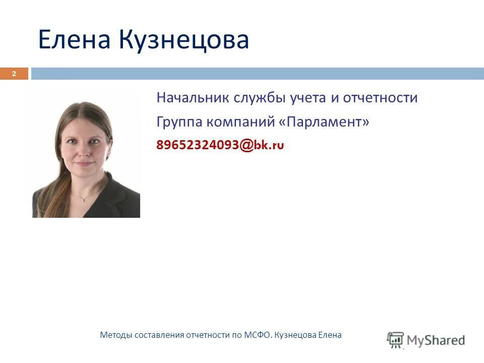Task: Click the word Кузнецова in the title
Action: coord(185,40)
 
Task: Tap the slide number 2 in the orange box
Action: coord(14,74)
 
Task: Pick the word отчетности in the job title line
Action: coord(380,97)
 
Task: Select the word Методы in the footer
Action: coord(115,335)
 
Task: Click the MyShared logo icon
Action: coord(395,339)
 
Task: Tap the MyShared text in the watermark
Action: coord(436,340)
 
